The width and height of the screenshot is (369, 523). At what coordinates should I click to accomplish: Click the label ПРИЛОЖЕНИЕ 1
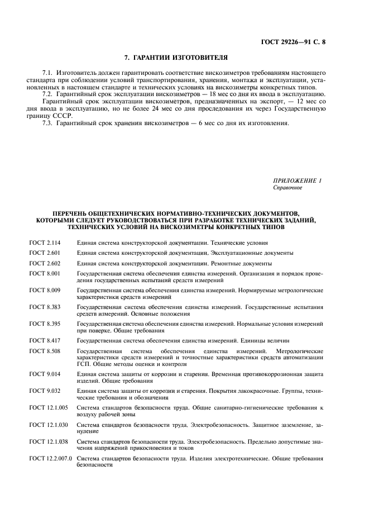[x=298, y=180]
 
